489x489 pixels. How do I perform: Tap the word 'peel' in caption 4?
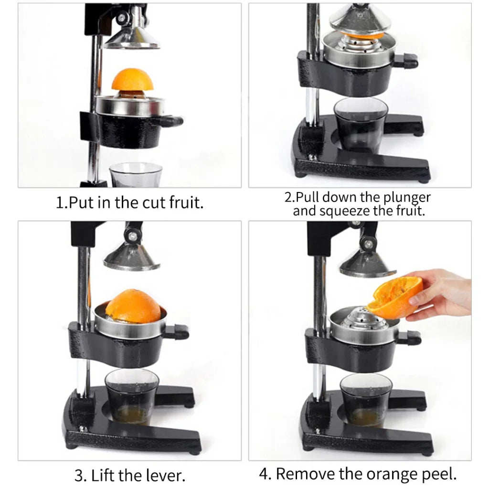439,474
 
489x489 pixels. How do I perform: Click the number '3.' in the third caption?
80,476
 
